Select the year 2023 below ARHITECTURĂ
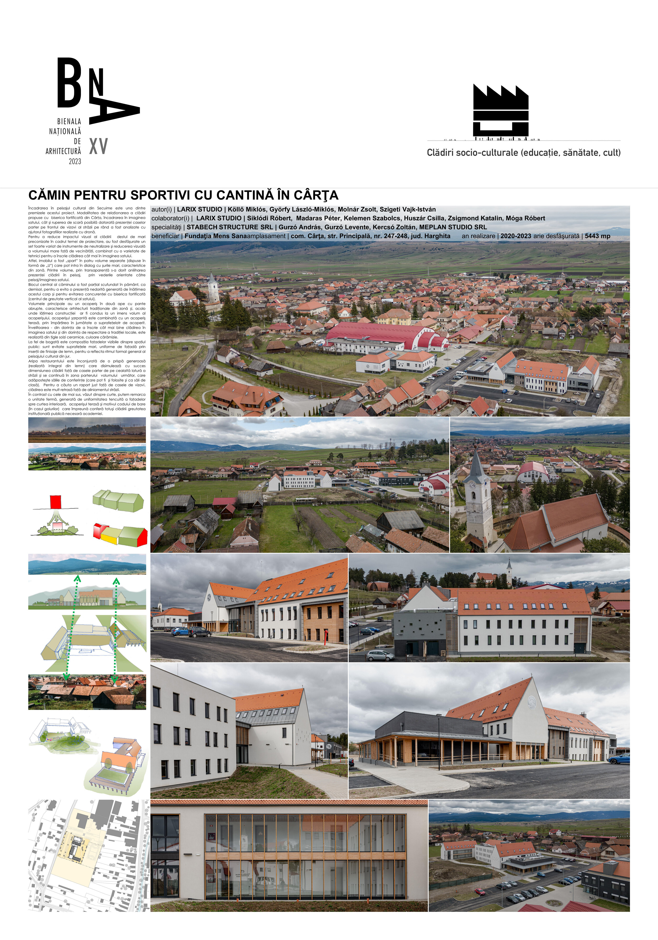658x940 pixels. [75, 161]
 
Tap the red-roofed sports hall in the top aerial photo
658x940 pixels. [381, 336]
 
